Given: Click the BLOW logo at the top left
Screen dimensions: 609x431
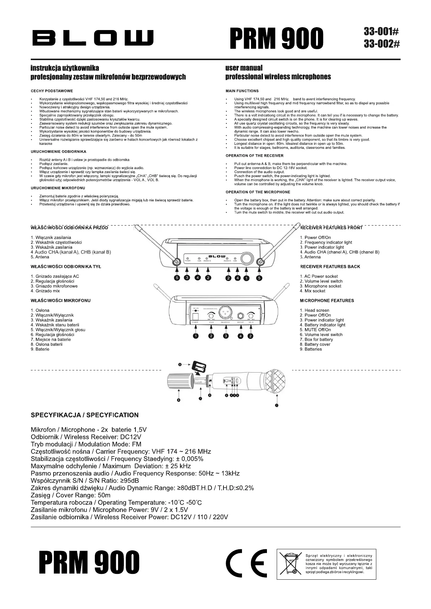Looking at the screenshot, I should point(93,38).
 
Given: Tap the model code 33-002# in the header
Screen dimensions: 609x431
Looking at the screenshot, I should point(382,44).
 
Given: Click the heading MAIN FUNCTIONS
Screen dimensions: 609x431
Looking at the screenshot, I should point(242,91).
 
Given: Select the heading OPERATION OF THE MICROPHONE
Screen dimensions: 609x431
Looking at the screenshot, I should point(258,192).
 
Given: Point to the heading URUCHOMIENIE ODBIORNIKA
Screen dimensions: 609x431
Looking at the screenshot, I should point(58,152).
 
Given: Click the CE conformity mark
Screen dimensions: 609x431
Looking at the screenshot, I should point(246,563).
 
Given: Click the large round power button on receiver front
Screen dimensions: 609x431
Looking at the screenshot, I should point(247,258).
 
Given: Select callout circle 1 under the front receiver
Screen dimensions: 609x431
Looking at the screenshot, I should point(247,278).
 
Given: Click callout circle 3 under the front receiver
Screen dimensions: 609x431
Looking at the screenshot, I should point(187,278).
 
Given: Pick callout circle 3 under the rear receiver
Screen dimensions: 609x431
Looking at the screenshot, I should point(226,336).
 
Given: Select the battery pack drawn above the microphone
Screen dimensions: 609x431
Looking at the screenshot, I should point(200,366).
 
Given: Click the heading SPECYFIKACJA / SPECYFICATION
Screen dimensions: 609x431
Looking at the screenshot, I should point(84,415).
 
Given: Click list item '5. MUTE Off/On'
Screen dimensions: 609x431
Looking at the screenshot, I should point(315,330).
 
